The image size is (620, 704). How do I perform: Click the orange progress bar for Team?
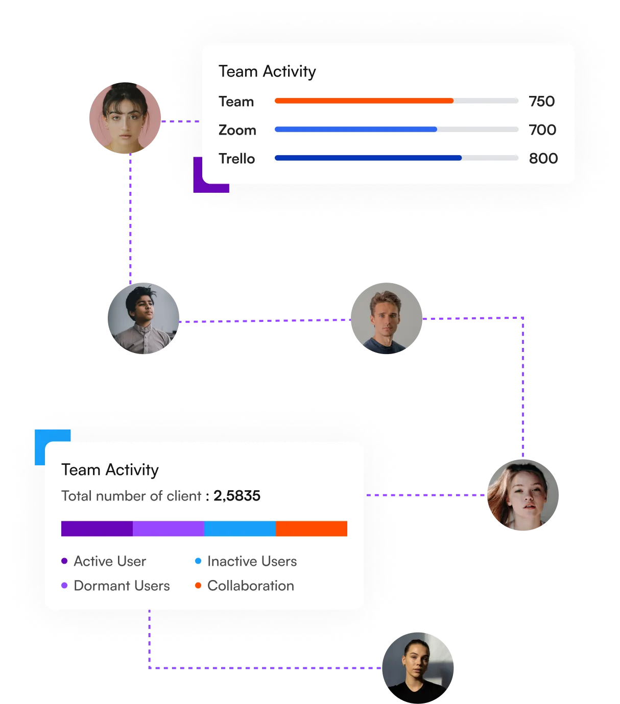pos(364,101)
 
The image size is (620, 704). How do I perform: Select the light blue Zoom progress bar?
pos(355,130)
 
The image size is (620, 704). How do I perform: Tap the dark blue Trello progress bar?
pos(368,158)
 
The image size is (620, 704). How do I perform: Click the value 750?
pos(542,102)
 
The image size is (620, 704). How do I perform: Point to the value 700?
pos(542,130)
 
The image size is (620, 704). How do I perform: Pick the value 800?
pos(543,159)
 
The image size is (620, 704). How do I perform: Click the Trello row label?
pos(236,159)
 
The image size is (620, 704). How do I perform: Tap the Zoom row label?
pos(237,130)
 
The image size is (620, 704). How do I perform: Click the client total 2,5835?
pos(237,496)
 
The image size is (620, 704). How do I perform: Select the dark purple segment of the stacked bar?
pos(97,529)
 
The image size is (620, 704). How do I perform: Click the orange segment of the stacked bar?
pos(312,529)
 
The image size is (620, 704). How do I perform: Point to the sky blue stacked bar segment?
pos(240,529)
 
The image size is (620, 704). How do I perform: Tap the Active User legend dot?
pos(64,561)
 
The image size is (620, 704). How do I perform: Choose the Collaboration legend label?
pos(250,586)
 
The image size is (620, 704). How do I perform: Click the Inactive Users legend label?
pos(252,561)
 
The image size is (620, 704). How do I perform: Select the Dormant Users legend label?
pos(122,586)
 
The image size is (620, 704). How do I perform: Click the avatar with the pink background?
pos(125,118)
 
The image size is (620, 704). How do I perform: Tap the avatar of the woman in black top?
pos(417,667)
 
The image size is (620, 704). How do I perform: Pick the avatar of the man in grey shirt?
pos(142,319)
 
